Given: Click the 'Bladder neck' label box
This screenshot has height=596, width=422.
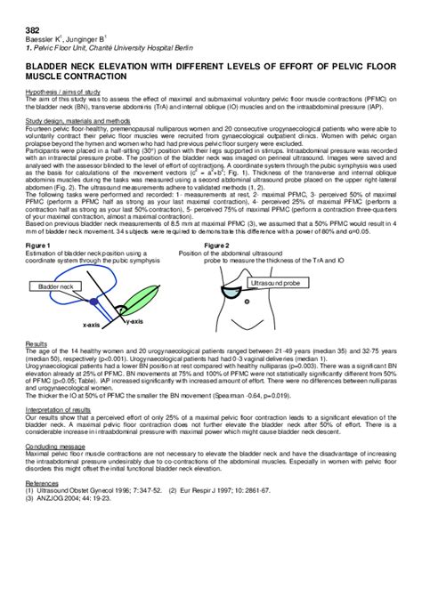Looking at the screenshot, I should click(53, 287).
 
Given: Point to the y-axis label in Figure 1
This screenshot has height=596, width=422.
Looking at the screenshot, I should click(134, 320).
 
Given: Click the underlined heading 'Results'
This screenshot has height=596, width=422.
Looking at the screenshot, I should click(36, 342).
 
